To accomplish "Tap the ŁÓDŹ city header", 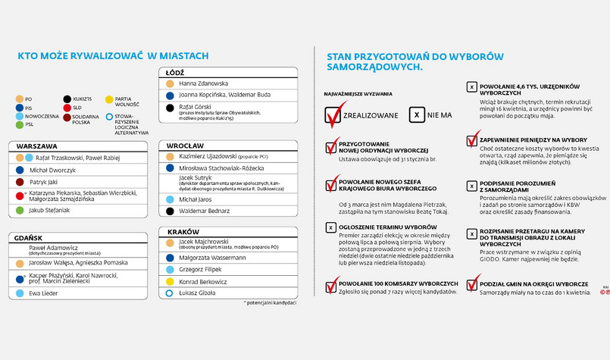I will pyautogui.click(x=177, y=72).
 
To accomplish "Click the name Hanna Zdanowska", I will pyautogui.click(x=204, y=83).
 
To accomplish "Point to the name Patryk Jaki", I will pyautogui.click(x=45, y=183).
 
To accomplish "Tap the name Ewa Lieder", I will pyautogui.click(x=44, y=293).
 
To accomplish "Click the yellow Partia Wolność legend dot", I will pyautogui.click(x=109, y=99).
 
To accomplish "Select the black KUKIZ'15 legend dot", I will pyautogui.click(x=67, y=99).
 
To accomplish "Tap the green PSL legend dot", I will pyautogui.click(x=20, y=124).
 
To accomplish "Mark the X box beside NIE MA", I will pyautogui.click(x=416, y=115).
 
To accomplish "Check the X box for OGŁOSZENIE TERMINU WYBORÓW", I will pyautogui.click(x=330, y=227).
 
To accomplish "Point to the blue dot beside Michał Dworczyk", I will pyautogui.click(x=20, y=171).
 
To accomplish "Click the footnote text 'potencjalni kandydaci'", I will pyautogui.click(x=271, y=302).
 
